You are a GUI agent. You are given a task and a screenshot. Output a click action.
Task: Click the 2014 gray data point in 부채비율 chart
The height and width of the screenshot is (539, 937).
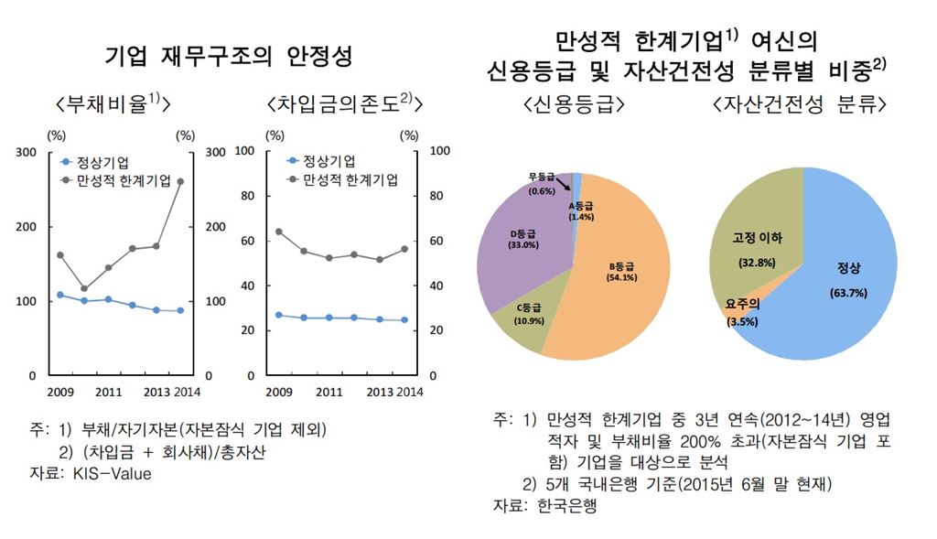point(180,181)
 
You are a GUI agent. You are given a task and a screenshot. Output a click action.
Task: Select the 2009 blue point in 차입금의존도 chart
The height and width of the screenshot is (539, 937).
point(279,315)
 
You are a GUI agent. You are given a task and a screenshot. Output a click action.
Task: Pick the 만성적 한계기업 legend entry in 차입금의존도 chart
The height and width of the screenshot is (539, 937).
point(343,179)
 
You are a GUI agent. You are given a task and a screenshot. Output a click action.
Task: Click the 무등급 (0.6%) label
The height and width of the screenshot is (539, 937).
point(542,184)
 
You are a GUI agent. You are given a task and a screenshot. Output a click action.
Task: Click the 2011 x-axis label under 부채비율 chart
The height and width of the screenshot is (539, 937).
point(109,393)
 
